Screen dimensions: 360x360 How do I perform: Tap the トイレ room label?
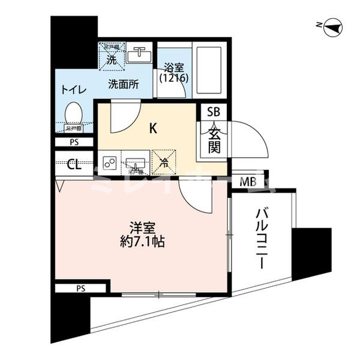tap(73, 90)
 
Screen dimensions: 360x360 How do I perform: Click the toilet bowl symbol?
tap(73, 113)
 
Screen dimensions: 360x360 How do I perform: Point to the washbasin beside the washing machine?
tap(140, 55)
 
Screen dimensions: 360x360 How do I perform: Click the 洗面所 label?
tap(123, 85)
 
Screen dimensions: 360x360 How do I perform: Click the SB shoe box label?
tap(214, 112)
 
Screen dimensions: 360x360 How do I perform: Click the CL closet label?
tap(74, 164)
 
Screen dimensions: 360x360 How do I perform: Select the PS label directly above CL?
tap(74, 143)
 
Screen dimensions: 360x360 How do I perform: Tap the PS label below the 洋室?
tap(80, 289)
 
